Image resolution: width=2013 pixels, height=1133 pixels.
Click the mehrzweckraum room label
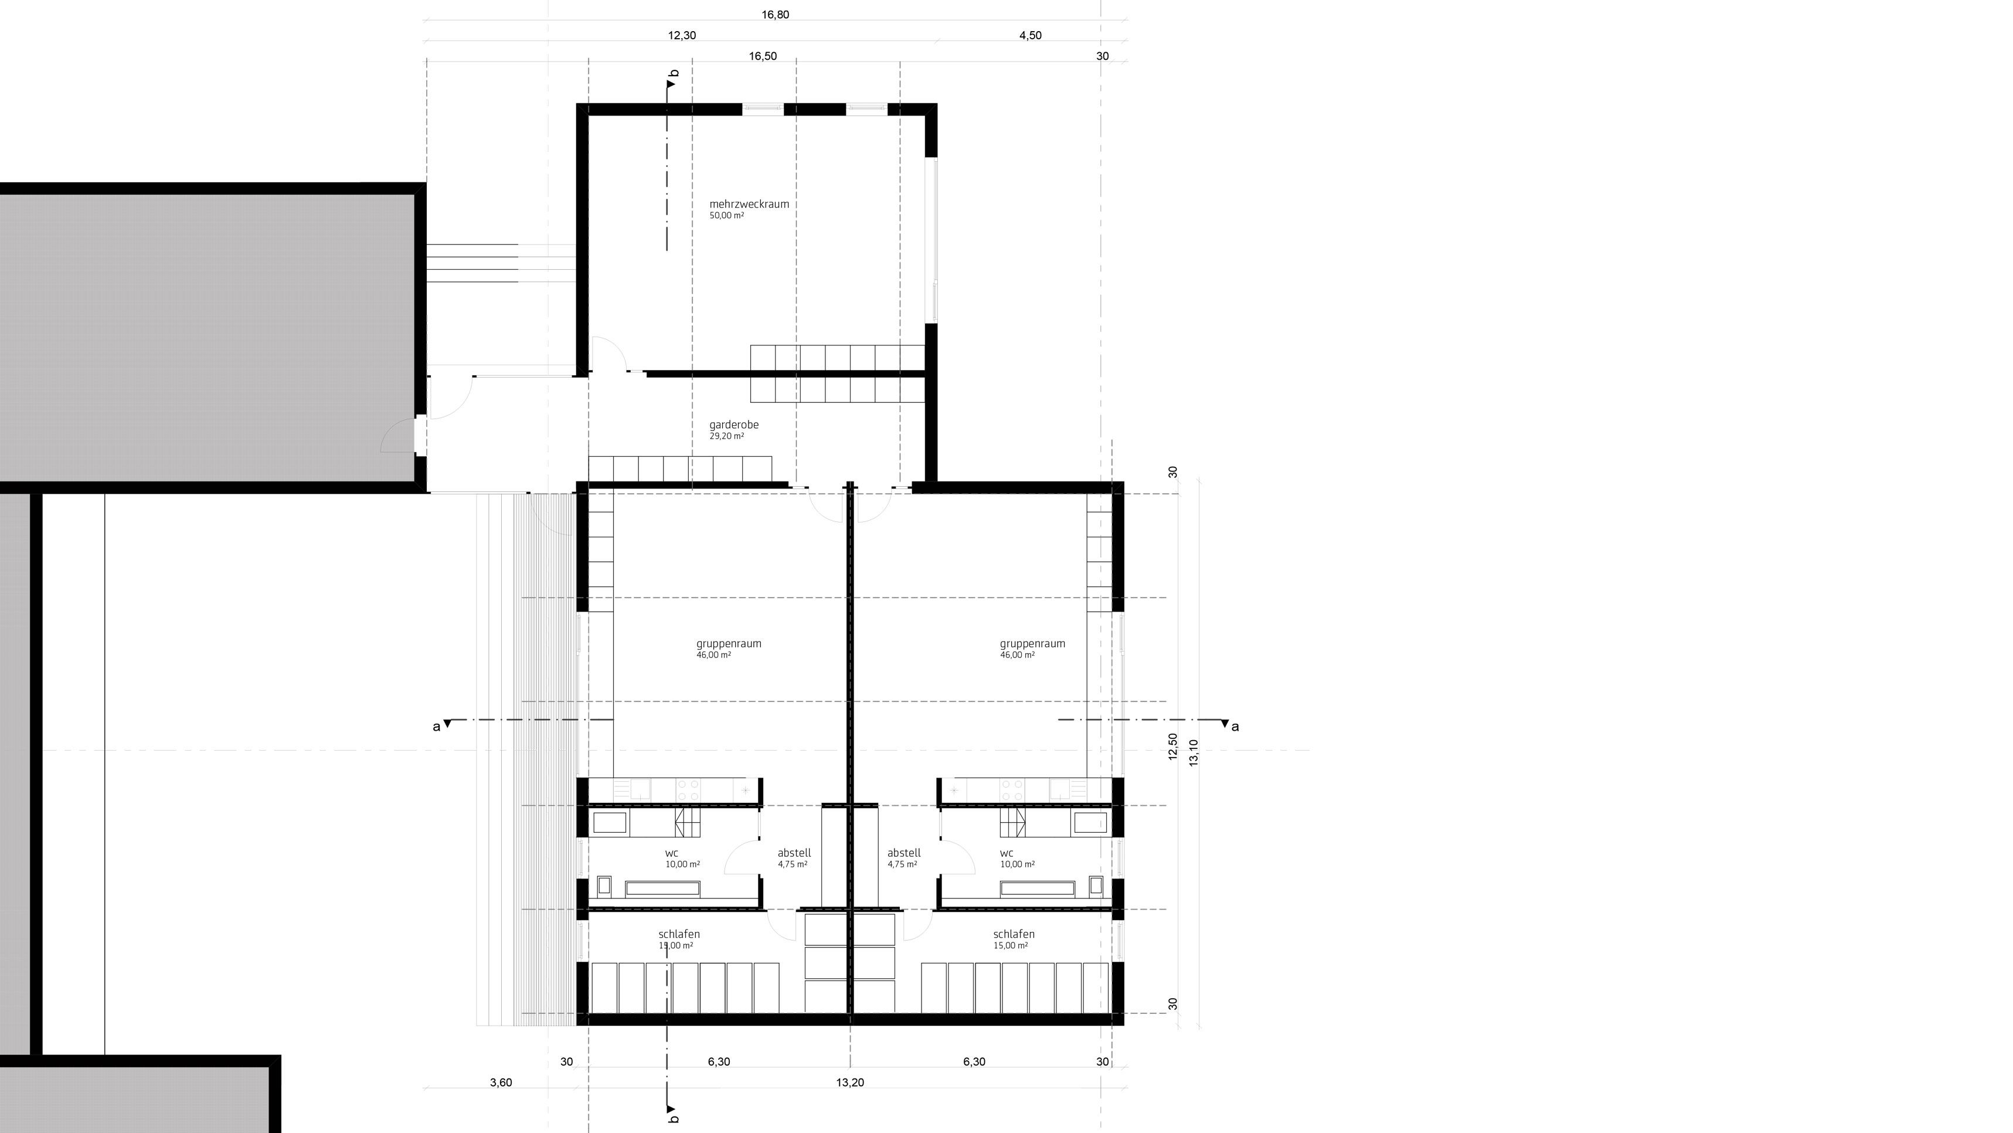click(749, 204)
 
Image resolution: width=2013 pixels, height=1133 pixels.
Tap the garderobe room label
click(734, 425)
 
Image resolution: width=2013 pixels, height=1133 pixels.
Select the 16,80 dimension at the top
click(775, 14)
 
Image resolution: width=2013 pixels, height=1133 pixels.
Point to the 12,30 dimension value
click(681, 35)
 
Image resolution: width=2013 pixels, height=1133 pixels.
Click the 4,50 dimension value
click(1030, 35)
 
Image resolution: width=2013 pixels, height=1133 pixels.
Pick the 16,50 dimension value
click(763, 56)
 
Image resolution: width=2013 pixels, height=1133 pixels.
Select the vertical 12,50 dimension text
click(1172, 746)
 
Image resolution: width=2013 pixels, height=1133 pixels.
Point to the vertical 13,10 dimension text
click(1193, 752)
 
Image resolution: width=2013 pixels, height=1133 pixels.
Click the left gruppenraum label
click(728, 643)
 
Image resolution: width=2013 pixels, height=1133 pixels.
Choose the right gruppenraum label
click(1032, 643)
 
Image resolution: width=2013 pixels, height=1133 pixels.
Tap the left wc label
click(671, 853)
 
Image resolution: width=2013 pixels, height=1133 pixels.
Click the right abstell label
click(904, 853)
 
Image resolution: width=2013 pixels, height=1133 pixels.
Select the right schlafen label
click(1014, 934)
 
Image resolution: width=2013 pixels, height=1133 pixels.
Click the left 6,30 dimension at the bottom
click(719, 1062)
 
